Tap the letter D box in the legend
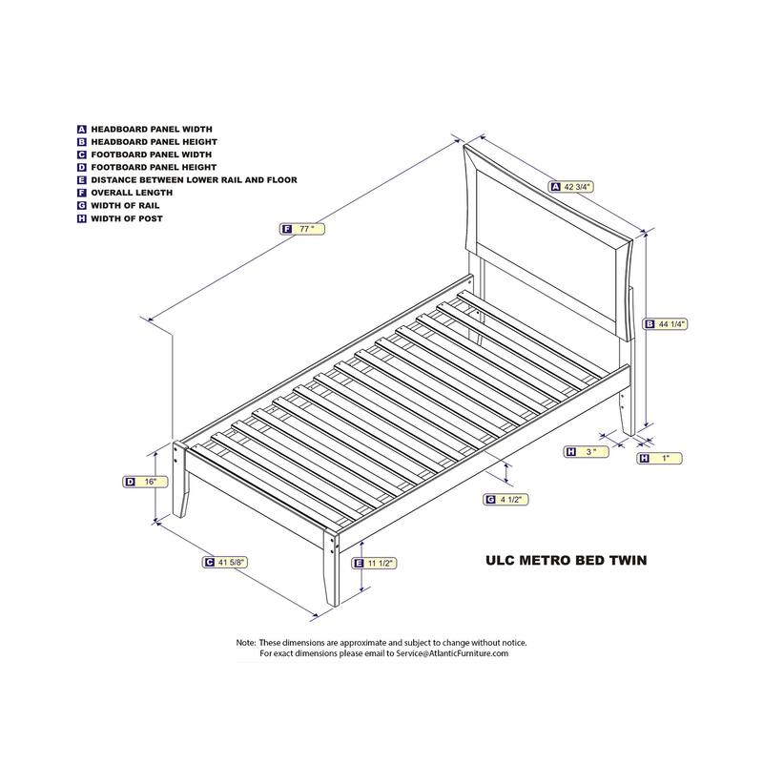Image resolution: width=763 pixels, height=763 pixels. pos(82,167)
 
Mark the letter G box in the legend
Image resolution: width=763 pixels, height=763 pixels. pos(82,205)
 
